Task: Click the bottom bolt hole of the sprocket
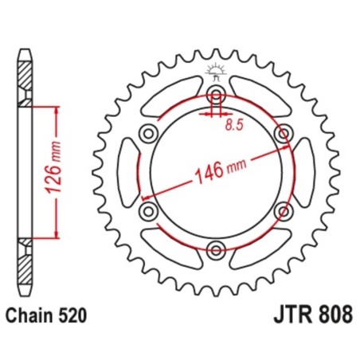click(x=215, y=251)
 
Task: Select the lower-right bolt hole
click(x=282, y=211)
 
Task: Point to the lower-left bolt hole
click(x=147, y=211)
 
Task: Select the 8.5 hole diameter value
click(x=233, y=125)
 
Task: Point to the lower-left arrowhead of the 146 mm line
click(x=144, y=198)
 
